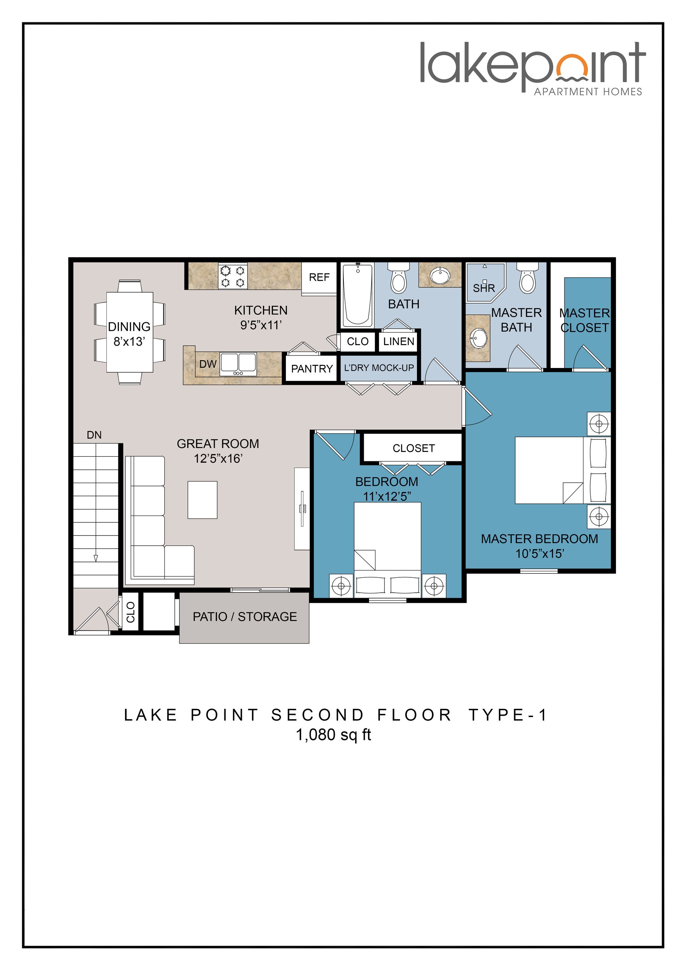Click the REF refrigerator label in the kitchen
(319, 278)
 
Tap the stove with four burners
(233, 276)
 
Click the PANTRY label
(312, 369)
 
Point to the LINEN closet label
(398, 341)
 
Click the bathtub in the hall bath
(357, 295)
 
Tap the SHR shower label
(484, 288)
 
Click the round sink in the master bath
(479, 338)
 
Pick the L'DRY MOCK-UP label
(378, 368)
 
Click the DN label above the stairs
(94, 435)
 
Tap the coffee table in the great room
(202, 500)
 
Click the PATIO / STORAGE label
(245, 617)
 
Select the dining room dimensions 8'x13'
(129, 341)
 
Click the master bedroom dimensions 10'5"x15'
(540, 553)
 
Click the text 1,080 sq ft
(333, 735)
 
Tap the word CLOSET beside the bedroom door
(413, 448)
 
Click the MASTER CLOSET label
(584, 320)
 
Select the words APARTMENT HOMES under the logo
(588, 92)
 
